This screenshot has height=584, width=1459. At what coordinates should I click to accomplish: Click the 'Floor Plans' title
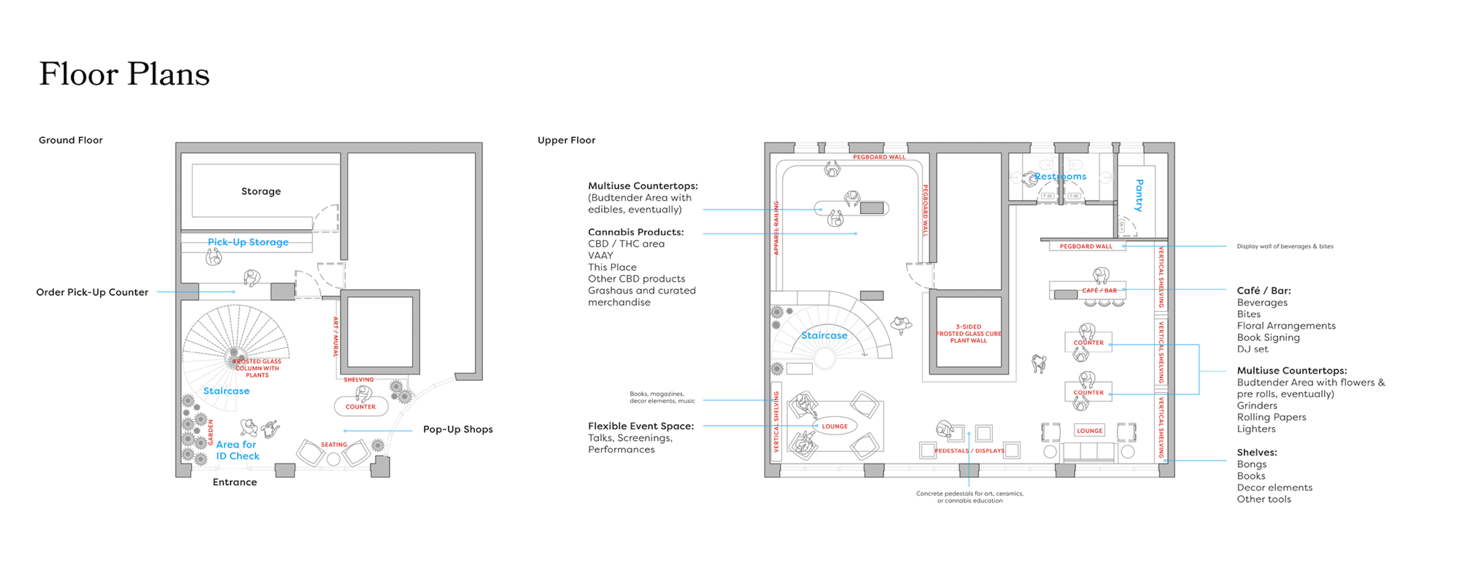124,74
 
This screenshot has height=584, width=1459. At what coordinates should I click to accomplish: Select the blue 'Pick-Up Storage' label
248,242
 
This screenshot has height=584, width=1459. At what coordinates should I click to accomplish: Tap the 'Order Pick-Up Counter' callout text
92,292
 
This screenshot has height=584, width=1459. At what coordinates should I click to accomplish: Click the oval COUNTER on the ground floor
361,407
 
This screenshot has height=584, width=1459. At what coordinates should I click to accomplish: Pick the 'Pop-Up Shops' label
458,429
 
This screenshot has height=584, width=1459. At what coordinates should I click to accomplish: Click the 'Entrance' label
234,482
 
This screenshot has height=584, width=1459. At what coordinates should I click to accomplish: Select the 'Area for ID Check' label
237,450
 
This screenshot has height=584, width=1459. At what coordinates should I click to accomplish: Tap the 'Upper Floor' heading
566,140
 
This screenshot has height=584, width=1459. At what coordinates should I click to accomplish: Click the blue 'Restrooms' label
1060,177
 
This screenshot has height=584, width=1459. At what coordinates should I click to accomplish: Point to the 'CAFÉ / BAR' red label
1099,291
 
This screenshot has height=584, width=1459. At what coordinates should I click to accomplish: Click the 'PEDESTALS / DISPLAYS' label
969,451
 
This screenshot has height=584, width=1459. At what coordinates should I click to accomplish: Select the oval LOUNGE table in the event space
834,426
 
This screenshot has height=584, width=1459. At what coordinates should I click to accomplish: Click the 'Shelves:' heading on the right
1256,453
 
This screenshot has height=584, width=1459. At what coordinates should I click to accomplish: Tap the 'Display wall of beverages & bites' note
1285,247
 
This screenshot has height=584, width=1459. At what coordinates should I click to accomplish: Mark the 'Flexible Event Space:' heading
640,426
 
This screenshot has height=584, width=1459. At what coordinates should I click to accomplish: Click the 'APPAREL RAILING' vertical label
776,228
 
